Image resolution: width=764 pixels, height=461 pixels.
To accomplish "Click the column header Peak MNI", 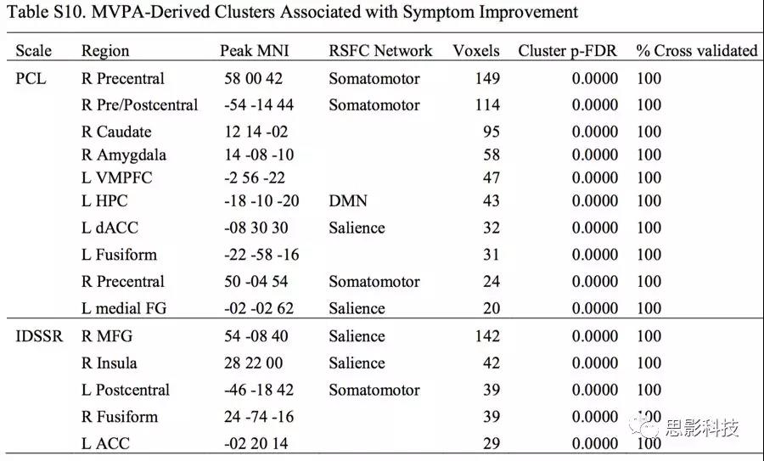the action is coord(255,51).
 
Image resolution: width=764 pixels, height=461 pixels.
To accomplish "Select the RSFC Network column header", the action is coord(380,51).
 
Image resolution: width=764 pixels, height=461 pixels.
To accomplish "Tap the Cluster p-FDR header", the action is coord(568,51).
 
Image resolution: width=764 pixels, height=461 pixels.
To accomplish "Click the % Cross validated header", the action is coord(697,51).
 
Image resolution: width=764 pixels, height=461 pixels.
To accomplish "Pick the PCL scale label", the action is coord(31,78).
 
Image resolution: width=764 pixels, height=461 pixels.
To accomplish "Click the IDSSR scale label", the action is coord(39,336).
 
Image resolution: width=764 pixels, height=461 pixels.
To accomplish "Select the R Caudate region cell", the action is coord(116,132).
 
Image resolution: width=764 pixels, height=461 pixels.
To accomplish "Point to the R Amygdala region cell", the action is coord(124,155).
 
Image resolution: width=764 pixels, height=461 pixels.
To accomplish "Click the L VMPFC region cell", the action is coord(116,178).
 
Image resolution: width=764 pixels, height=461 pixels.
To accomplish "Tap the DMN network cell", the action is coord(348,200).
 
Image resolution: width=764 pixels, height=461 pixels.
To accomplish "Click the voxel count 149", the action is coord(487,78).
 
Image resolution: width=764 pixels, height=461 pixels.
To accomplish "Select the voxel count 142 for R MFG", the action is coord(487,336).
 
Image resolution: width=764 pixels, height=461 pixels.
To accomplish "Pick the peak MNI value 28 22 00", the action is coord(253,363).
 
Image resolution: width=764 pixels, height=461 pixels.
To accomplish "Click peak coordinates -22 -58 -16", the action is coord(261,255).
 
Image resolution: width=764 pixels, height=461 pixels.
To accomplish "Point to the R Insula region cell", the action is coord(110,363).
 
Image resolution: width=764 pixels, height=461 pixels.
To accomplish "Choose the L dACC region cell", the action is coord(110,228).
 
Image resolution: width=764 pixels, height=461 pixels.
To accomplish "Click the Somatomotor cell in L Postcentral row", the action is coord(374,390).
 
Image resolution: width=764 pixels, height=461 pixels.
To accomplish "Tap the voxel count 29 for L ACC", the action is coord(492,443).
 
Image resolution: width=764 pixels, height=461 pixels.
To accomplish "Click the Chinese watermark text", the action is coord(702,427).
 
